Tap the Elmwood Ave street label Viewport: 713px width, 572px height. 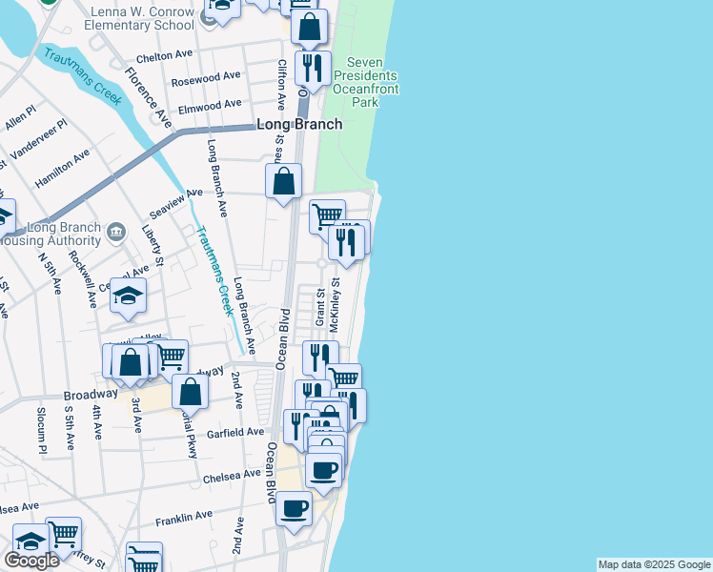pos(211,105)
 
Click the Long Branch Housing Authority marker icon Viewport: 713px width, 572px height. pos(115,232)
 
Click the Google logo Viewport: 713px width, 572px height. pos(31,561)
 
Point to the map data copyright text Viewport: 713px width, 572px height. pos(654,564)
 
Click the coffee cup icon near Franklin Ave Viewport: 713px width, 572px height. pos(294,507)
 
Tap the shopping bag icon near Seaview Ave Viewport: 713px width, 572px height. pos(284,181)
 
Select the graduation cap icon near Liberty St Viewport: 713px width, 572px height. pos(128,296)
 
